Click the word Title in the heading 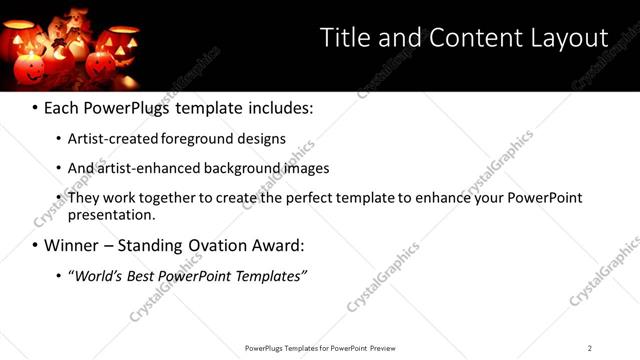pyautogui.click(x=343, y=38)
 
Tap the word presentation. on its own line pyautogui.click(x=112, y=214)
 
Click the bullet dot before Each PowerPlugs pyautogui.click(x=36, y=107)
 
